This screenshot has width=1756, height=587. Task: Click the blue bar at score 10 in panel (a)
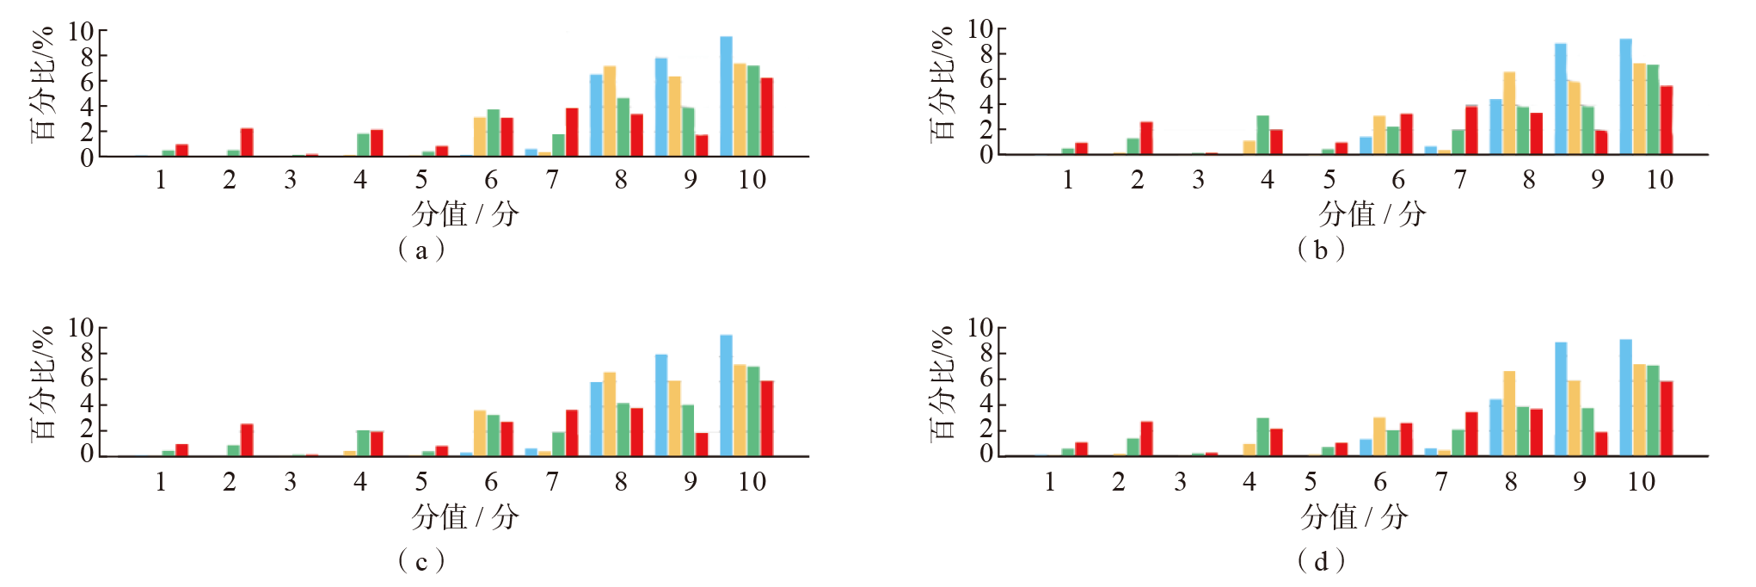727,96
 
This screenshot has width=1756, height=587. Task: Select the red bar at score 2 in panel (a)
247,142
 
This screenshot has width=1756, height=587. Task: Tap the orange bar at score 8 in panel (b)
1509,113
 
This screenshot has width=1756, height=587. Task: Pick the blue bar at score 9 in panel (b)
1561,99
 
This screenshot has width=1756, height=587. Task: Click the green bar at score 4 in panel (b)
1262,135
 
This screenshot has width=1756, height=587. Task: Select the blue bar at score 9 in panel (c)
661,405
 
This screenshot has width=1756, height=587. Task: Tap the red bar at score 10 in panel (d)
1667,418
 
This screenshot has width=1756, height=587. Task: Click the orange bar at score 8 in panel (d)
1509,413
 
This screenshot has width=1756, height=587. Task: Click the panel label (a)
421,250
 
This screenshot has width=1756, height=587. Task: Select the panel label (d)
1321,561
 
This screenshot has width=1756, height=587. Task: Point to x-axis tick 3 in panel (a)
291,180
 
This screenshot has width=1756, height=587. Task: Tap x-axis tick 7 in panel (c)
552,481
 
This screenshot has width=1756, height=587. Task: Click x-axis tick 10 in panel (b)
1659,180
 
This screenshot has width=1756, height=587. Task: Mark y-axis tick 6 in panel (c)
86,379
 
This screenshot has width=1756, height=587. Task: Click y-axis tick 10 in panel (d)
979,328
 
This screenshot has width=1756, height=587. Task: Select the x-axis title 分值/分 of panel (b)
1372,213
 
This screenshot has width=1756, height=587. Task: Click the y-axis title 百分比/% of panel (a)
43,83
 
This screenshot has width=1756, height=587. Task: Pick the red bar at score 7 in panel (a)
572,132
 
